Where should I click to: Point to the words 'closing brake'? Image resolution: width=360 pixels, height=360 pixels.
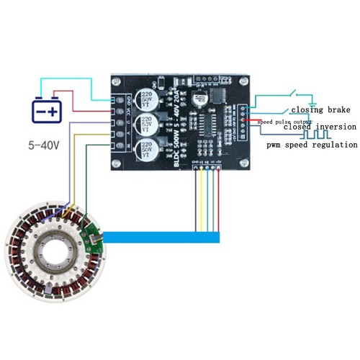[320, 110]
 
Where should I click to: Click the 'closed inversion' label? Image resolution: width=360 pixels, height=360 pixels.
[319, 127]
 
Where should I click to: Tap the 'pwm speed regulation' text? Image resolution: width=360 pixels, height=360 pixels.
[311, 145]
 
